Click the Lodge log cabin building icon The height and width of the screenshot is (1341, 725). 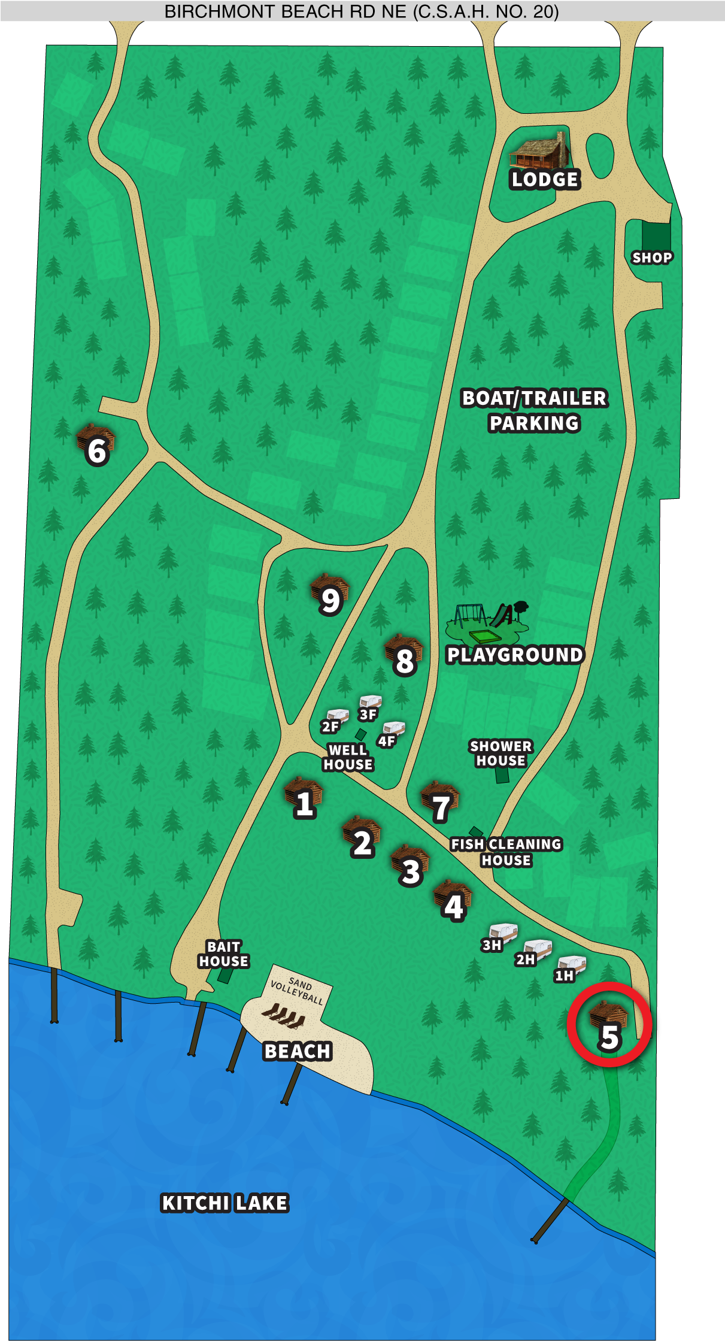[x=539, y=152]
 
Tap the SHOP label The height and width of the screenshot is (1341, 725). [x=652, y=258]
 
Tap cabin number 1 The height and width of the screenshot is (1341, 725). [x=304, y=797]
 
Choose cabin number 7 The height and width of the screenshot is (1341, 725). [x=440, y=801]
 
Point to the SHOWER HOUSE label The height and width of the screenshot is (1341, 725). [x=500, y=753]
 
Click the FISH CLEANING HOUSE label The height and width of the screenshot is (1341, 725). [x=506, y=852]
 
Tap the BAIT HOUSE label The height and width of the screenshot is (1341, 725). [x=223, y=953]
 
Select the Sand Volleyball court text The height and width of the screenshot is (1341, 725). [x=298, y=991]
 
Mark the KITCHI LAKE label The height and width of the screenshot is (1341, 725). [x=225, y=1203]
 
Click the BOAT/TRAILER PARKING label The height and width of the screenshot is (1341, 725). [x=534, y=410]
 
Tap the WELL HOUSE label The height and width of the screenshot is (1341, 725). [x=348, y=757]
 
